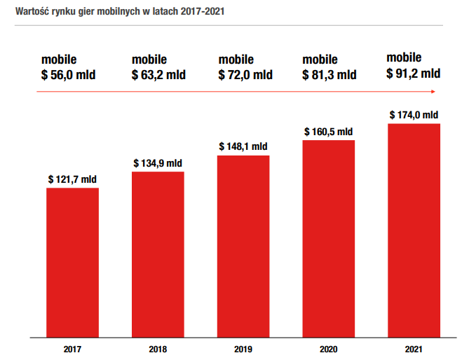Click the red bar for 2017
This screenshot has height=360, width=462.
(72, 263)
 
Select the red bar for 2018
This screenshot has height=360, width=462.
(158, 254)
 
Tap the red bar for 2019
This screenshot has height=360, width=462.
(243, 247)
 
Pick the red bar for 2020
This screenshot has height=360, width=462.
(329, 239)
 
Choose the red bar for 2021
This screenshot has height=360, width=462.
(414, 230)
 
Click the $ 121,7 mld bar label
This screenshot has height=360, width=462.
(72, 179)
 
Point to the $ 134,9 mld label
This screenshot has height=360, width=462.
(158, 163)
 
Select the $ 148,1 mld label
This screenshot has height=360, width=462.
(243, 146)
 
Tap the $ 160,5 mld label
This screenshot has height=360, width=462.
(328, 132)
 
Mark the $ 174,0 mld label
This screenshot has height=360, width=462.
(414, 115)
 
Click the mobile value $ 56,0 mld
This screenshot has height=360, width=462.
(69, 75)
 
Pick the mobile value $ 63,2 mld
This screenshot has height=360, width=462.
(158, 75)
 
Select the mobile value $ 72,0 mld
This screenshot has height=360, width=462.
(245, 75)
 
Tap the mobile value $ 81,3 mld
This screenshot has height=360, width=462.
(329, 75)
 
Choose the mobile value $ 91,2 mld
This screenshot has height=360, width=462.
(414, 74)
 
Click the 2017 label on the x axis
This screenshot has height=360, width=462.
(72, 349)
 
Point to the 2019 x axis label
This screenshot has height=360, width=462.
(243, 349)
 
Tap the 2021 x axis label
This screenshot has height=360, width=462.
(414, 349)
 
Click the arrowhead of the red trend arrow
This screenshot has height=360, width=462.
(433, 92)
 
